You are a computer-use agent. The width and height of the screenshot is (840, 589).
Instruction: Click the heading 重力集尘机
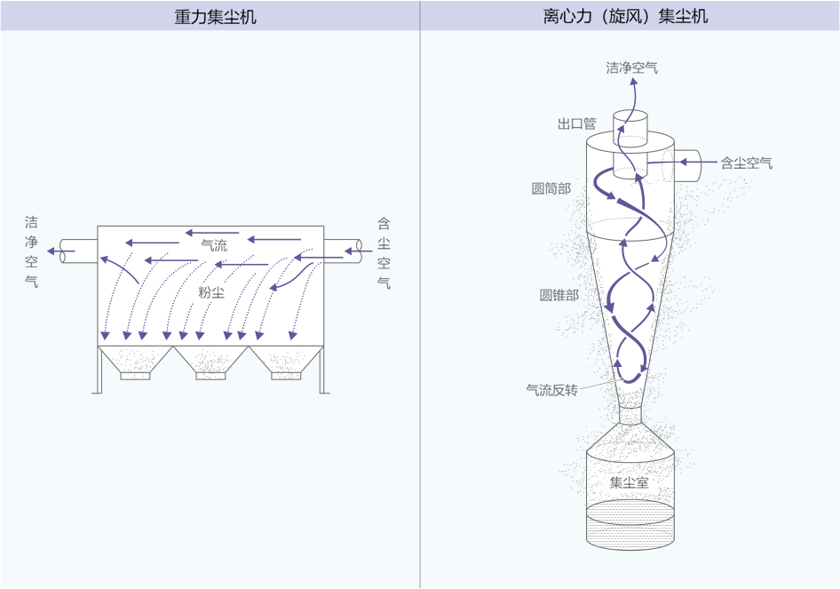pos(216,16)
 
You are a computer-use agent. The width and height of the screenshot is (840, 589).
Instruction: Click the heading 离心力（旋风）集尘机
pos(625,16)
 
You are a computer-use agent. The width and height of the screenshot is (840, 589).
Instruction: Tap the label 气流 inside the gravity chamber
pos(214,245)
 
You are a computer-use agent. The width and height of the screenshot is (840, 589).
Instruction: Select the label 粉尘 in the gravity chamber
pos(211,292)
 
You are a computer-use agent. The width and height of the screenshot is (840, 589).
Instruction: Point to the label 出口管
pos(577,123)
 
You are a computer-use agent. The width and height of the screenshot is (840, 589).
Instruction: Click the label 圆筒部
pos(551,188)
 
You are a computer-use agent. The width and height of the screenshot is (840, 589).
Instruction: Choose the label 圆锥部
pos(559,295)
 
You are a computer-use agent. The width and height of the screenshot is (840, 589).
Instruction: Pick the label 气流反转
pos(551,390)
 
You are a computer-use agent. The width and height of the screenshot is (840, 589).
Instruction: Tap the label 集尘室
pos(630,482)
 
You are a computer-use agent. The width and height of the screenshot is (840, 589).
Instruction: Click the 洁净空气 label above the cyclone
pos(632,68)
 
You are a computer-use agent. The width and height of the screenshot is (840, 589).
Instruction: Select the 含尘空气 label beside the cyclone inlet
pos(746,163)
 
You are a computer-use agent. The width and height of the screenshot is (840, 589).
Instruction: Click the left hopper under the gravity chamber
pos(135,362)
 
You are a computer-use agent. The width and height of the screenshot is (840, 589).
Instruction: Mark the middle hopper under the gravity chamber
pos(210,362)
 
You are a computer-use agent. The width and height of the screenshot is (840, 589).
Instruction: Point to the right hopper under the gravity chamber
pos(286,362)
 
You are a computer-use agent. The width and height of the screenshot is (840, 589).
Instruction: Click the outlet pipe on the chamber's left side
pos(78,251)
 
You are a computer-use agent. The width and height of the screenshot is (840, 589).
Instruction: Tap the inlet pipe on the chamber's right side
pos(343,251)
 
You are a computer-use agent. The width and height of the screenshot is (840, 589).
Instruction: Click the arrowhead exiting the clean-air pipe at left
pos(52,251)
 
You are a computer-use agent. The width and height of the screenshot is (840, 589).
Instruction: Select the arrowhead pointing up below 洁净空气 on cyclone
pos(633,82)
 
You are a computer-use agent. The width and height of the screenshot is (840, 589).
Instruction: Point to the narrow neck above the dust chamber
pos(630,415)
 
